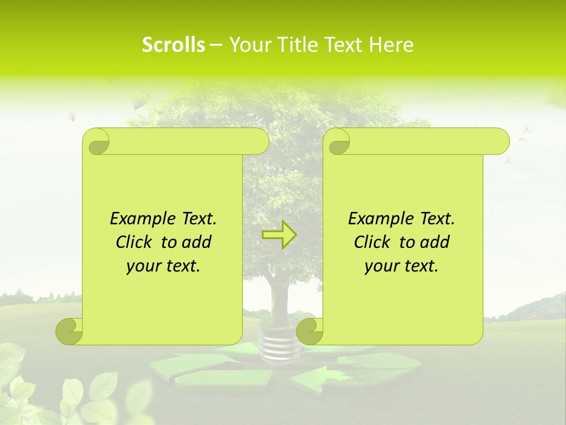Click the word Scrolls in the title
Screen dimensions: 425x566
(173, 45)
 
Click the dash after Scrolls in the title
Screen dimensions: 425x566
(216, 45)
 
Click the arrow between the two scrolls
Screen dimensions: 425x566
(279, 235)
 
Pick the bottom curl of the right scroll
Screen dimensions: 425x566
(310, 331)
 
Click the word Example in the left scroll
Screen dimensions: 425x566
(139, 219)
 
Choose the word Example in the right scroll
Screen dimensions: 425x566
(377, 219)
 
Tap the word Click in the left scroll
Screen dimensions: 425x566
(134, 242)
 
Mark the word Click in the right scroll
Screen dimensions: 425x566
(372, 242)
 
